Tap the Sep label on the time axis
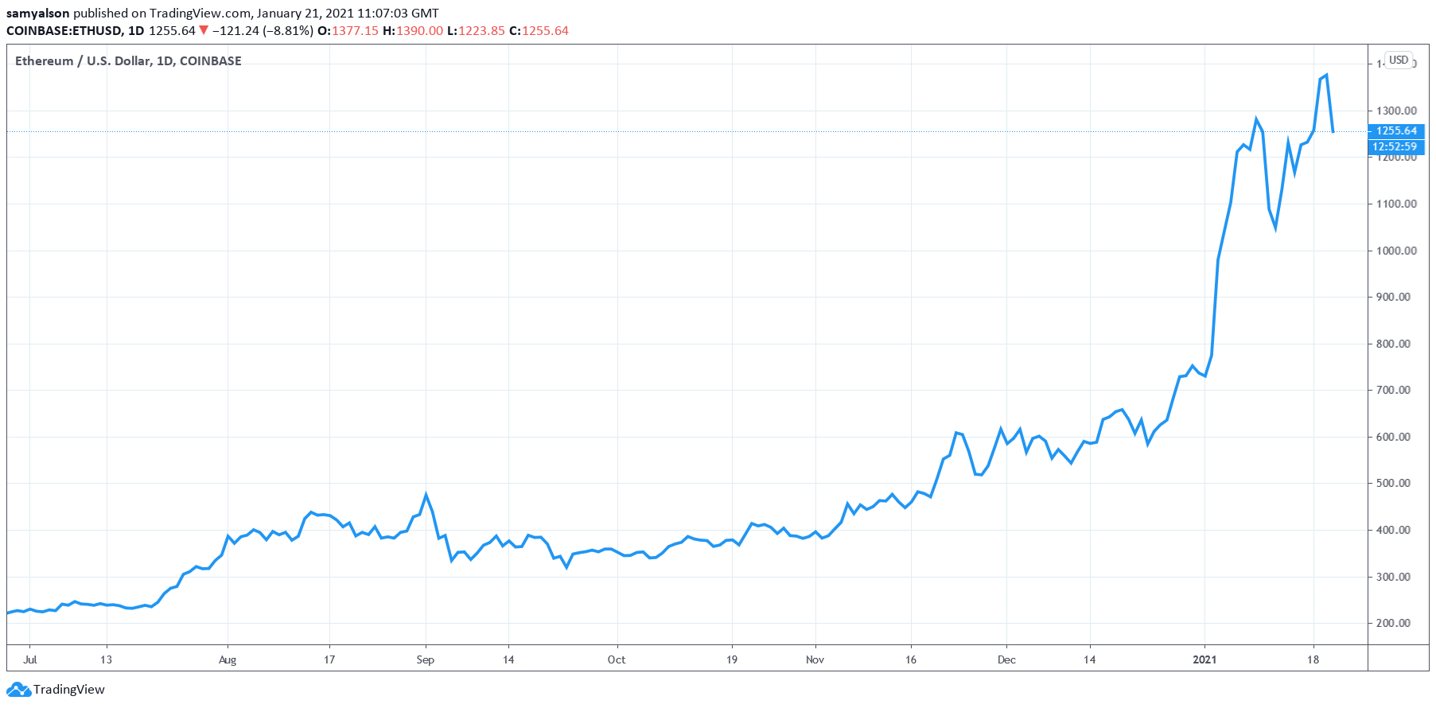426,659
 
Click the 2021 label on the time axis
1204,659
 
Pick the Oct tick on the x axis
617,659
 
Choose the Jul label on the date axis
30,659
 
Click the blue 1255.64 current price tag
1396,130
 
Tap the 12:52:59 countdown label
1395,146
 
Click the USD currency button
1399,60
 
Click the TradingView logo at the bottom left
56,689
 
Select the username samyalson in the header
38,13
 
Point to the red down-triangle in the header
204,30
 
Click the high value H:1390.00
413,30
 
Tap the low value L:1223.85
476,30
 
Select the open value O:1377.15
348,30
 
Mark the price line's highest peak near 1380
1326,75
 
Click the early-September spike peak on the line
426,495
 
